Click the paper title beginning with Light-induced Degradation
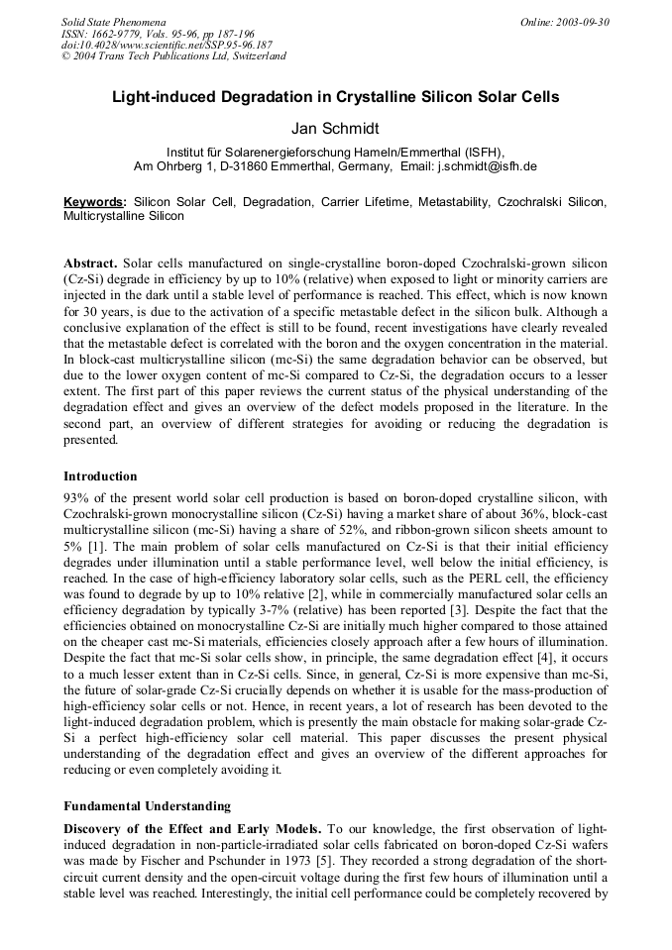click(x=335, y=97)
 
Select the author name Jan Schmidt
click(x=335, y=129)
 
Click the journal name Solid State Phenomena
click(x=113, y=22)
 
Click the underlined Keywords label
click(x=94, y=201)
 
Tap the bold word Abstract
click(x=90, y=264)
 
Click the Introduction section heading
click(x=100, y=476)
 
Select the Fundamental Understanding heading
click(x=147, y=805)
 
